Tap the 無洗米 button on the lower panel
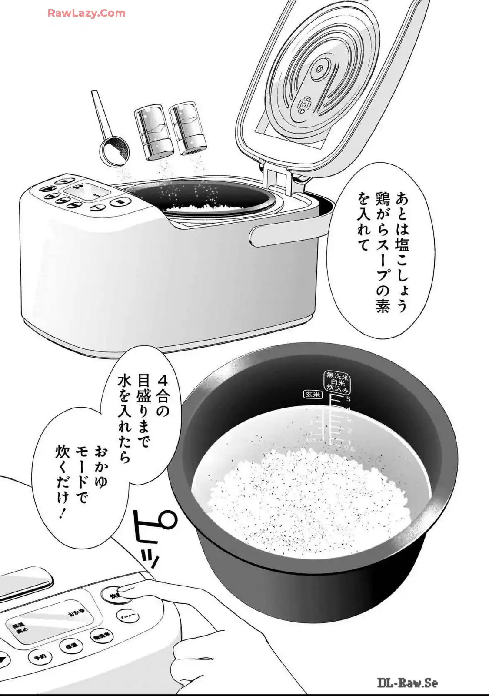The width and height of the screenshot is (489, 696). [101, 636]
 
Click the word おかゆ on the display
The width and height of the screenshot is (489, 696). [77, 613]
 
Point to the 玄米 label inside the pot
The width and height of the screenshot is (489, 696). [312, 394]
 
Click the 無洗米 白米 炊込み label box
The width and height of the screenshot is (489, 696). [337, 382]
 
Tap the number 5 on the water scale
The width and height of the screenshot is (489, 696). [349, 399]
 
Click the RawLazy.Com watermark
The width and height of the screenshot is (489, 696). [86, 13]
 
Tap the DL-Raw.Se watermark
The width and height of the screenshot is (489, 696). [407, 683]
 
